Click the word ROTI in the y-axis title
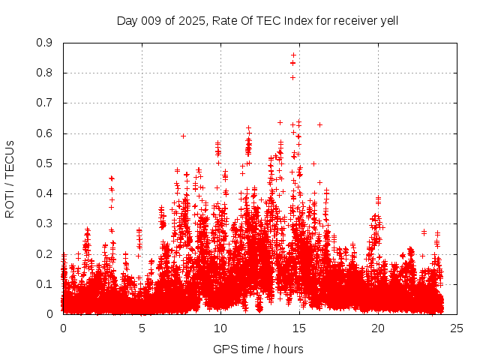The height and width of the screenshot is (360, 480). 10,205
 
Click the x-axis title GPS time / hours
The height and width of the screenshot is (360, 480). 258,349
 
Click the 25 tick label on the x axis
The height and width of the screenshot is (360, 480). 456,328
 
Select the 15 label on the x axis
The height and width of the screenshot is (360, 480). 299,328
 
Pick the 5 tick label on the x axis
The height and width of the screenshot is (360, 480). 142,328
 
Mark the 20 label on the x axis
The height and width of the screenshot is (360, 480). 377,328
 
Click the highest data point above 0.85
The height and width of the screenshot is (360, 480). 293,55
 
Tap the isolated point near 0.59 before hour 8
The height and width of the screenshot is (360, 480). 183,136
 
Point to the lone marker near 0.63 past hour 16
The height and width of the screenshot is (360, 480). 319,124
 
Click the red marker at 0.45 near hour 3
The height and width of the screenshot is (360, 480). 111,178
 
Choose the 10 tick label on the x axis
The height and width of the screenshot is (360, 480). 220,328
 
